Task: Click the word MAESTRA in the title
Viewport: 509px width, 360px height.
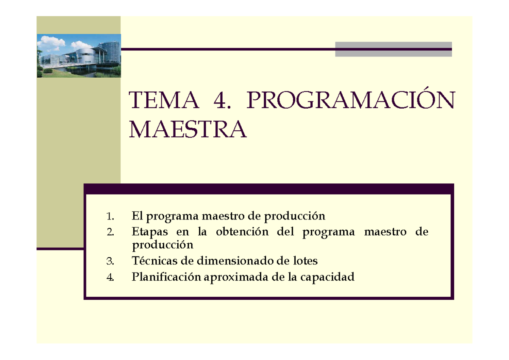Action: coord(187,129)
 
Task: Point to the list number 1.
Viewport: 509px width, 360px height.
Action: coord(111,217)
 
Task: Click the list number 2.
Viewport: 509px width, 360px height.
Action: coord(111,232)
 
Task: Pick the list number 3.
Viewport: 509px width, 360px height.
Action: coord(111,262)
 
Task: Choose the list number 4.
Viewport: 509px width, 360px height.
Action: coord(111,278)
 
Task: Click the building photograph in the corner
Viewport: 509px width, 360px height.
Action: coord(79,56)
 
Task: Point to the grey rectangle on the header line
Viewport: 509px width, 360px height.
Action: coord(393,49)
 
